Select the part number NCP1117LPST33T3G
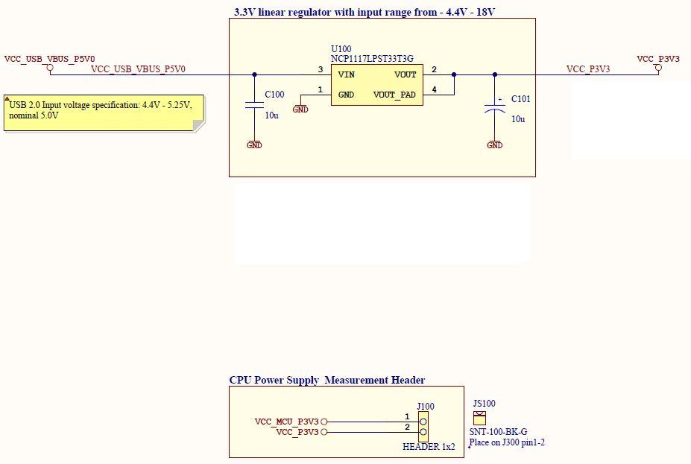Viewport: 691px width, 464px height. [x=373, y=57]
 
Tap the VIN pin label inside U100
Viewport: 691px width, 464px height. [x=346, y=74]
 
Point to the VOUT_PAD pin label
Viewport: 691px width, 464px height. [x=394, y=95]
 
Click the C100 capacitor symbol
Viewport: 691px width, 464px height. [x=254, y=105]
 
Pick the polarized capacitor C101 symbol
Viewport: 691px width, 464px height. [x=494, y=107]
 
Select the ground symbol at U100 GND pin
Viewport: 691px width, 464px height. [x=300, y=109]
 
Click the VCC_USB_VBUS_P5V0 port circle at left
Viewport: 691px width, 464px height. [x=50, y=69]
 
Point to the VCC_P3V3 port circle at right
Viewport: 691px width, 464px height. [x=658, y=69]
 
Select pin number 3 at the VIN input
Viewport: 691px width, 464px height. [x=321, y=69]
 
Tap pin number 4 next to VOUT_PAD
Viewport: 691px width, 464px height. [x=434, y=90]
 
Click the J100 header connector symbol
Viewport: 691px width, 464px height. [x=423, y=426]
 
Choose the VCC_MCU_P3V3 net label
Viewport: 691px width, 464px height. [x=286, y=422]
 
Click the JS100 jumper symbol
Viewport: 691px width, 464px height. [x=479, y=418]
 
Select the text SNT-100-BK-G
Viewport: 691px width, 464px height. [x=498, y=432]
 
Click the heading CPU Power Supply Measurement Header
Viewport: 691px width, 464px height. [x=326, y=380]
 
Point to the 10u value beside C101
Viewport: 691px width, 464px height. [x=518, y=119]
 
